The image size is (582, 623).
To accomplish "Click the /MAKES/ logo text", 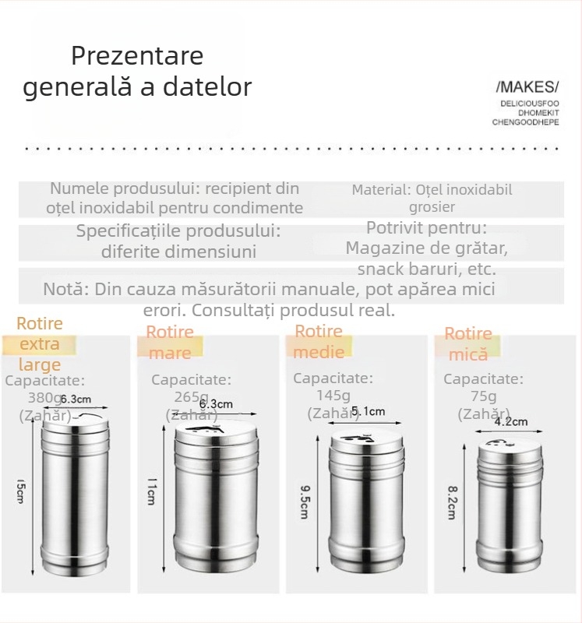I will point(527,86).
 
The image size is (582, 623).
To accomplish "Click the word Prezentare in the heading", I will point(137,56).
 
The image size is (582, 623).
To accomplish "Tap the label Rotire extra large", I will point(40,343).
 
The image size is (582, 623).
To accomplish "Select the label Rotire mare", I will point(170,343).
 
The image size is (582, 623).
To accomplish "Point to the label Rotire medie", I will point(319,341).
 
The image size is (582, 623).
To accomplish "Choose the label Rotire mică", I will point(468,343).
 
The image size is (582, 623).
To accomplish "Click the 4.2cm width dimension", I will point(512,422).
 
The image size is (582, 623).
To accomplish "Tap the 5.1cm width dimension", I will point(368,411).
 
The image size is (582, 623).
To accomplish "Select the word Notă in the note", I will point(65,289).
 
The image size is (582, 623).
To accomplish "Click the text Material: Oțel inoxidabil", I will point(432,189).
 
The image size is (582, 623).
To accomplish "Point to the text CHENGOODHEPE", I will point(526,122).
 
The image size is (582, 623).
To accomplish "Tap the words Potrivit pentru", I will point(426,228).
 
